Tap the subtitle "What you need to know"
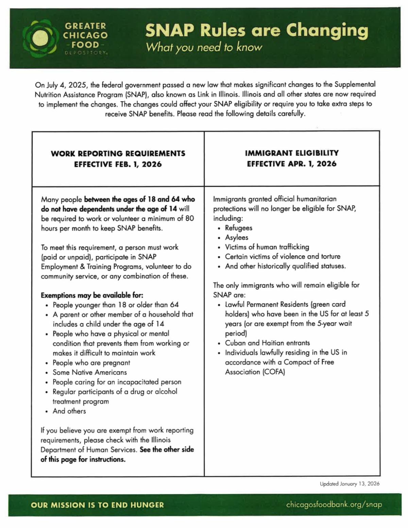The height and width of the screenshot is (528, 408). click(204, 47)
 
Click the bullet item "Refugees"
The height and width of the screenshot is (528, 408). click(239, 228)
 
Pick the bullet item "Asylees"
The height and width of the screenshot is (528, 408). click(237, 237)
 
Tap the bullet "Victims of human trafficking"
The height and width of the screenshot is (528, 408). click(267, 247)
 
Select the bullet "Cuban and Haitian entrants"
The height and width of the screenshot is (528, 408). click(267, 343)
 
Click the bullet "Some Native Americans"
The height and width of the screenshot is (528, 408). click(90, 372)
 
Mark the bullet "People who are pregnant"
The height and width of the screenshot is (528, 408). click(91, 363)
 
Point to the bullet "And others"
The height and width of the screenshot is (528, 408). click(69, 411)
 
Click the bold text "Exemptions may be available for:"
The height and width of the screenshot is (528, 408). click(92, 295)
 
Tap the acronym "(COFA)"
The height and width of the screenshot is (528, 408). click(274, 372)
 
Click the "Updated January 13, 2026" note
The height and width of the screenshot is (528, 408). click(350, 484)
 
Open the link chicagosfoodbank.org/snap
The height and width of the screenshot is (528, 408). click(334, 505)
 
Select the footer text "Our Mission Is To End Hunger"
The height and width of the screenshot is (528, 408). click(97, 505)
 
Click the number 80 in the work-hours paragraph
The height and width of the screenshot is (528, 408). click(189, 218)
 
